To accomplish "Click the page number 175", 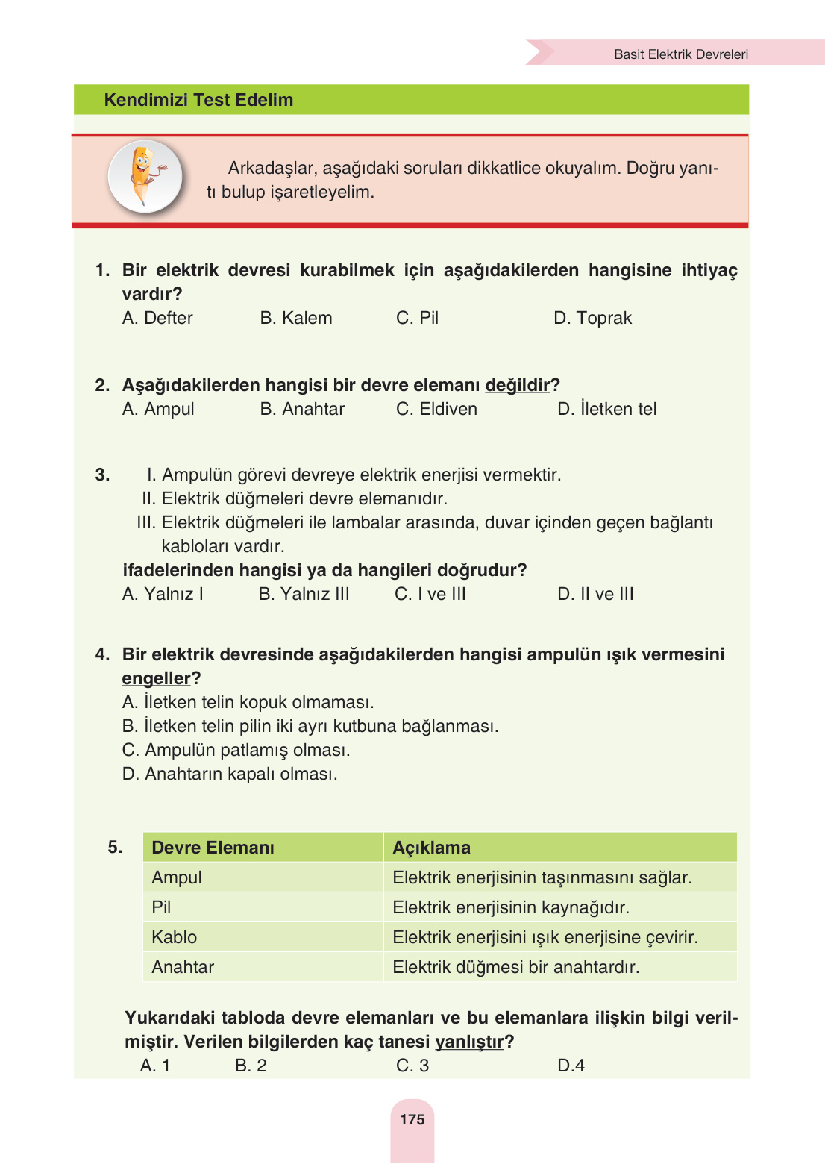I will pyautogui.click(x=412, y=1119).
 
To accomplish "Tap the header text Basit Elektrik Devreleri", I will pyautogui.click(x=680, y=54).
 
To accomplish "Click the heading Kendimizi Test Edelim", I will pyautogui.click(x=198, y=100).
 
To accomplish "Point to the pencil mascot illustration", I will pyautogui.click(x=145, y=177).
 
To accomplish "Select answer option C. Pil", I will pyautogui.click(x=417, y=318).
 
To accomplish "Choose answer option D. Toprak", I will pyautogui.click(x=592, y=318).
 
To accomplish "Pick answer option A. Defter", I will pyautogui.click(x=157, y=318).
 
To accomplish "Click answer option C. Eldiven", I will pyautogui.click(x=436, y=409).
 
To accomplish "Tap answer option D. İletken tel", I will pyautogui.click(x=606, y=409).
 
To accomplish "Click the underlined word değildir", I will pyautogui.click(x=517, y=385).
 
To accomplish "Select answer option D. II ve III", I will pyautogui.click(x=595, y=594).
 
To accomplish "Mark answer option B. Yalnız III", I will pyautogui.click(x=304, y=594).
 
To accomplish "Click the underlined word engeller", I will pyautogui.click(x=157, y=678).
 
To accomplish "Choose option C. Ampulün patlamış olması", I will pyautogui.click(x=236, y=750).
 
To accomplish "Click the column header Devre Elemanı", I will pyautogui.click(x=213, y=848).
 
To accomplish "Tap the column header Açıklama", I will pyautogui.click(x=431, y=848).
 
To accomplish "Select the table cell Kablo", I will pyautogui.click(x=175, y=937).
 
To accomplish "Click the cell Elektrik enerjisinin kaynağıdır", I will pyautogui.click(x=511, y=907).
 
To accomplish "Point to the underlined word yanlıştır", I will pyautogui.click(x=469, y=1042).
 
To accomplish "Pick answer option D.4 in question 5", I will pyautogui.click(x=571, y=1066).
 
